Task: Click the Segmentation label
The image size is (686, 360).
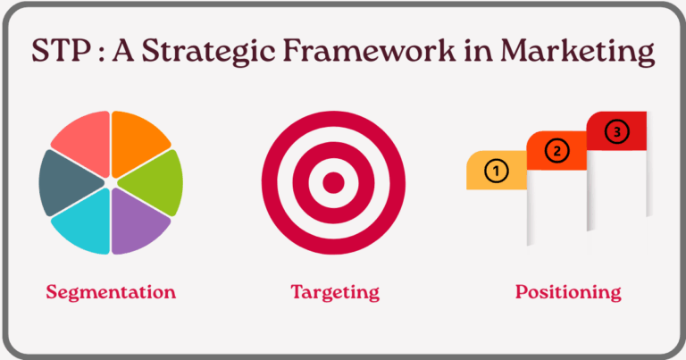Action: pyautogui.click(x=111, y=292)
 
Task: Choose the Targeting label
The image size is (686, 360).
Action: pyautogui.click(x=335, y=292)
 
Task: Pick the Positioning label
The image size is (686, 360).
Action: pyautogui.click(x=567, y=292)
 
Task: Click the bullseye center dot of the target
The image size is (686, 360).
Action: pyautogui.click(x=333, y=183)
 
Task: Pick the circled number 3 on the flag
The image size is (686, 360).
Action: pyautogui.click(x=616, y=131)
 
